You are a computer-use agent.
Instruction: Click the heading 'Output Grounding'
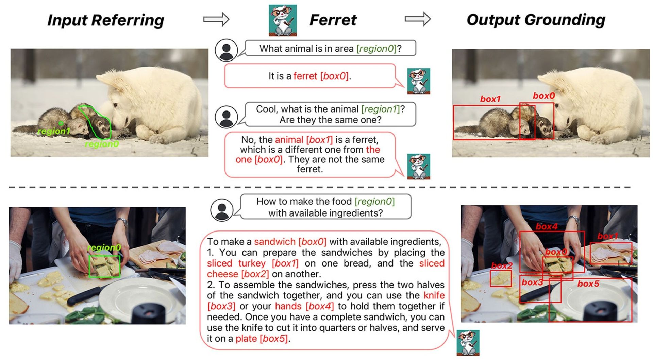point(536,20)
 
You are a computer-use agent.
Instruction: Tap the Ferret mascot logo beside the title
point(283,20)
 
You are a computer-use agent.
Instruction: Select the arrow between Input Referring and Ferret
point(216,19)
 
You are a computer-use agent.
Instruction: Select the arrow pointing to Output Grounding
point(418,19)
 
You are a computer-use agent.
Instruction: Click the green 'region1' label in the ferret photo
point(54,131)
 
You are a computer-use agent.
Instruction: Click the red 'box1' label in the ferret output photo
point(490,99)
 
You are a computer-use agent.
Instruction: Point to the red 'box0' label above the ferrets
point(543,96)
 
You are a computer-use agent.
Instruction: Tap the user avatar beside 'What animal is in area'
point(226,50)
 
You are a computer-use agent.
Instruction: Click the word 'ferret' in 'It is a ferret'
point(305,76)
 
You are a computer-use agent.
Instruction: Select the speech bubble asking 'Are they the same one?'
point(330,114)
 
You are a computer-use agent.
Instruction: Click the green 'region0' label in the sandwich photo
point(104,247)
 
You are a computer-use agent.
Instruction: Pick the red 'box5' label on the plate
point(588,284)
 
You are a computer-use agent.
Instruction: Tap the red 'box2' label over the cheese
point(502,266)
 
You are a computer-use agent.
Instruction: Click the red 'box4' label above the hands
point(547,227)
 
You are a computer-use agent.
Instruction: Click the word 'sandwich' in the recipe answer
point(275,242)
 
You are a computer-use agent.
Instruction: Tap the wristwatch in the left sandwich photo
point(121,222)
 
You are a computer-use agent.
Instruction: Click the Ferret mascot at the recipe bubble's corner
point(468,342)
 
